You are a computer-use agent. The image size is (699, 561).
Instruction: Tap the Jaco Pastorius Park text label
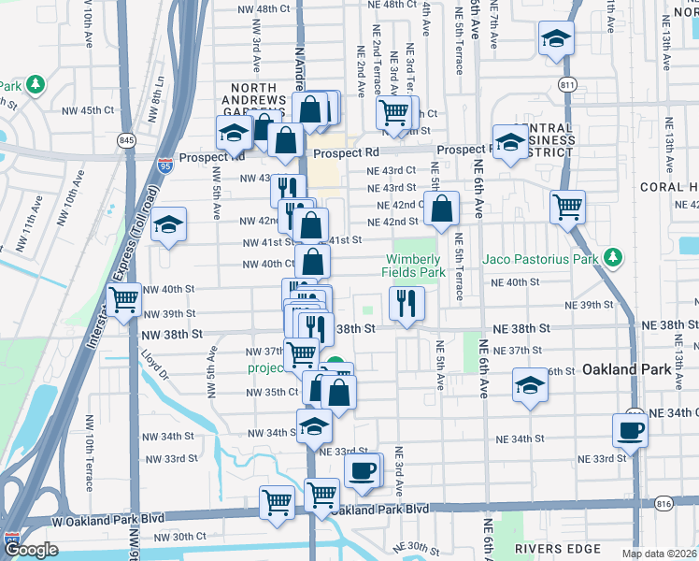point(541,258)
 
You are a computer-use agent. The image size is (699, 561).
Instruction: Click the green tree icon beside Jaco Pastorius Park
point(613,256)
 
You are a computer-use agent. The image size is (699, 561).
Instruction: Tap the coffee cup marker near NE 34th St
point(629,431)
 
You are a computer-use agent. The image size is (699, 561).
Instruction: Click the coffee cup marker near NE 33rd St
point(362,470)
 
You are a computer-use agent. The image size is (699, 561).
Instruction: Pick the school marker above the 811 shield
point(556,39)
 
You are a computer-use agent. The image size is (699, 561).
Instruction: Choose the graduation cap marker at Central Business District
point(510,142)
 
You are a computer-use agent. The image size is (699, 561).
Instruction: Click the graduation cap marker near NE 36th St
point(530,385)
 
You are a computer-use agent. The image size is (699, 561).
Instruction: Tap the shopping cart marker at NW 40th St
point(124,301)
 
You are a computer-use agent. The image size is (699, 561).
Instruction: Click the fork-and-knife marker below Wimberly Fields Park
point(407,303)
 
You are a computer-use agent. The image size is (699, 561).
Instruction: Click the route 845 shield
point(126,140)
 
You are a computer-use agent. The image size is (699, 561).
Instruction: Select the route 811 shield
point(568,85)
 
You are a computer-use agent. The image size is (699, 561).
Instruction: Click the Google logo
point(31,550)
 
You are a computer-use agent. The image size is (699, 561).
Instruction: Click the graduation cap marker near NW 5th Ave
point(169,225)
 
